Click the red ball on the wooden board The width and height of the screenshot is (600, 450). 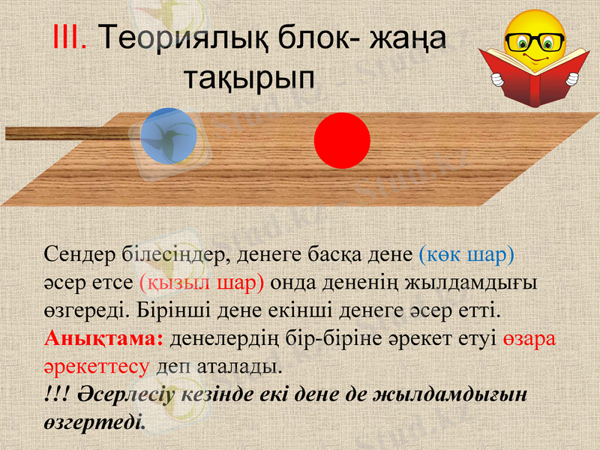342,141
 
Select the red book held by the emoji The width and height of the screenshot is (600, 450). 532,75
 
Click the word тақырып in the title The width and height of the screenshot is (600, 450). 250,76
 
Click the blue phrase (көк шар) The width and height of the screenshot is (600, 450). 466,254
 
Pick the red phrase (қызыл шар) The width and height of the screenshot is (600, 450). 202,282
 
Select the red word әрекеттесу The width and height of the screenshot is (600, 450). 97,366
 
